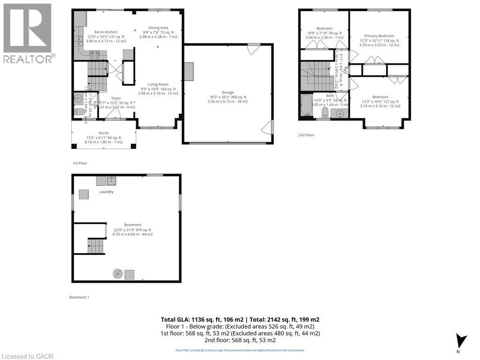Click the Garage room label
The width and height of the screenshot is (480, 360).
[x=228, y=92]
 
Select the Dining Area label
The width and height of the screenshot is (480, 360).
[x=158, y=28]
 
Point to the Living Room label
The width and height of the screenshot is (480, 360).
[x=158, y=84]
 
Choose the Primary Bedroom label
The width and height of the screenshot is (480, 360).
[x=379, y=36]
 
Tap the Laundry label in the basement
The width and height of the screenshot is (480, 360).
[x=106, y=192]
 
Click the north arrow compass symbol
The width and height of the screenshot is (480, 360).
[x=461, y=340]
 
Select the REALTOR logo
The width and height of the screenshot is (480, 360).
[x=28, y=33]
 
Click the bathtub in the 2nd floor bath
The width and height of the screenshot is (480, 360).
[x=306, y=105]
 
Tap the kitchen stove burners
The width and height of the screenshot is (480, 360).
[x=95, y=53]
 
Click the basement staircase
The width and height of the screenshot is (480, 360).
[x=95, y=245]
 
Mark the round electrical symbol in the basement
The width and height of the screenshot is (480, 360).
[x=118, y=274]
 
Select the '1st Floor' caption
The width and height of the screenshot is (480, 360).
[x=80, y=163]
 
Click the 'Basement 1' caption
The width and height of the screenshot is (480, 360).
[x=79, y=297]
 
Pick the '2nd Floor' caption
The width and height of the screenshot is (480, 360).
[x=306, y=135]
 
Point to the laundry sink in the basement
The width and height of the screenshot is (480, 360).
[x=112, y=180]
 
